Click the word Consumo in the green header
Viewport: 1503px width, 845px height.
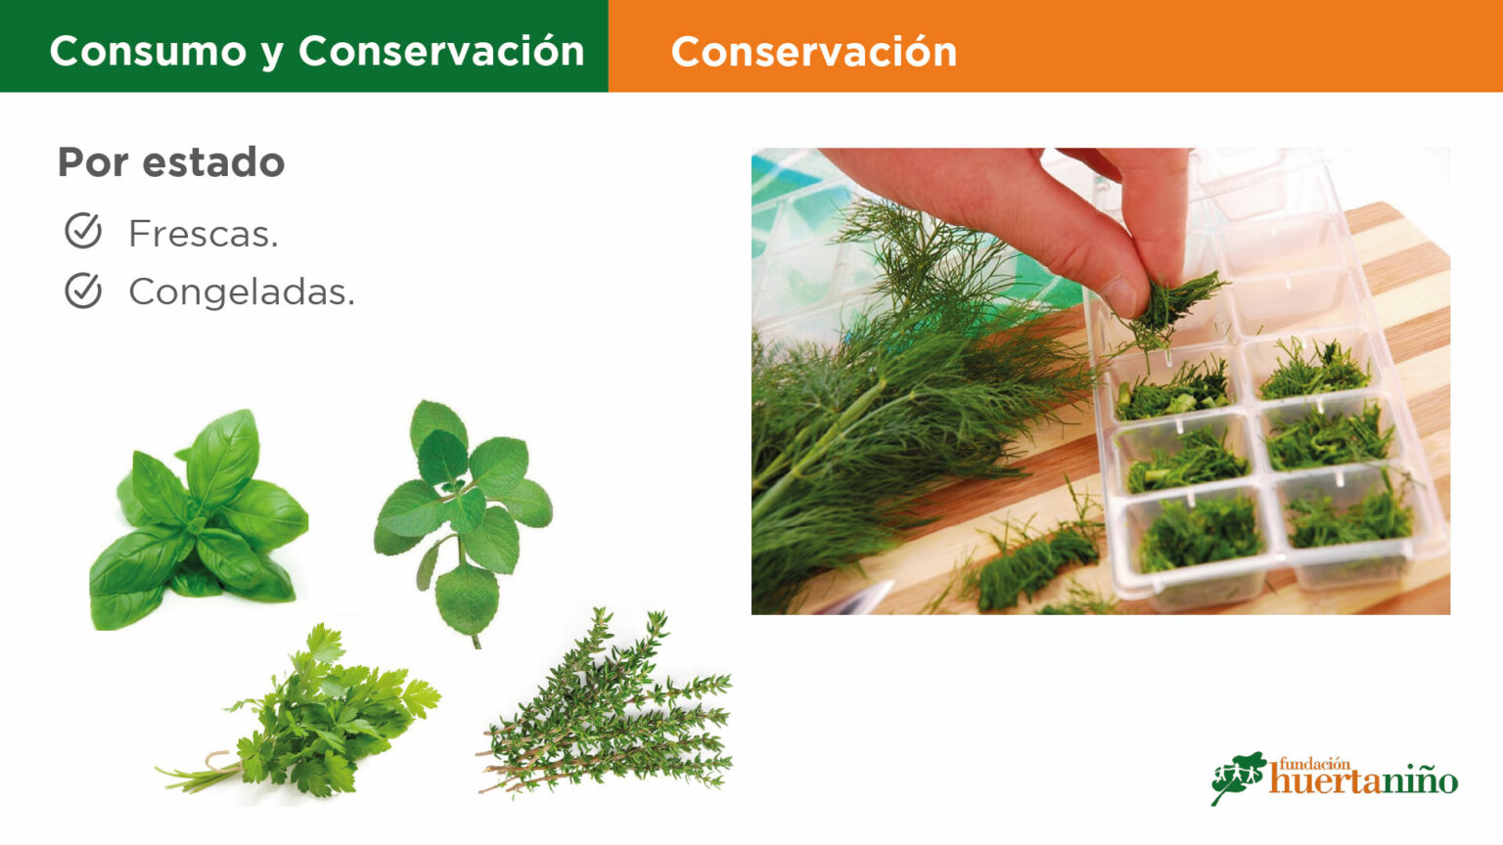[x=149, y=51]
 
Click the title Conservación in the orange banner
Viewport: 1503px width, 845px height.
[x=814, y=52]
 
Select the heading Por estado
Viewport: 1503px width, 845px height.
[x=171, y=162]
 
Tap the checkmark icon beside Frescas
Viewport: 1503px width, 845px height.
[x=83, y=231]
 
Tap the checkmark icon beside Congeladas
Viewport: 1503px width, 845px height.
[x=83, y=290]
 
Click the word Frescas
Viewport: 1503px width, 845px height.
[x=204, y=234]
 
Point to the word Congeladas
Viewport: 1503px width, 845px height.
[x=242, y=292]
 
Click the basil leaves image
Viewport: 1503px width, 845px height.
[x=199, y=520]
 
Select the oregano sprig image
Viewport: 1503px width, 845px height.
[x=463, y=523]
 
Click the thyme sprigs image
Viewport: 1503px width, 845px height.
[x=604, y=704]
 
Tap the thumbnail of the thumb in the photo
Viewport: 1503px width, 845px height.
[x=1119, y=295]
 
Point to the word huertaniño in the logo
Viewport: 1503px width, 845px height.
[x=1363, y=782]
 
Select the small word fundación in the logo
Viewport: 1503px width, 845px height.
[x=1314, y=764]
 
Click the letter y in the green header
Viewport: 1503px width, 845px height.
[x=272, y=55]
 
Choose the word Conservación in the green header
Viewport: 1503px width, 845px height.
[x=441, y=51]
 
